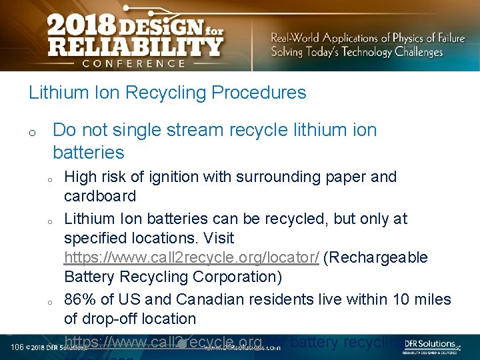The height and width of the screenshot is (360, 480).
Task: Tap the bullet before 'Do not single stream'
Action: click(32, 133)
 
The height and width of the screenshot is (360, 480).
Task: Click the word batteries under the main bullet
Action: click(89, 153)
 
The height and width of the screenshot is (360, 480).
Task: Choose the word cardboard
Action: click(100, 196)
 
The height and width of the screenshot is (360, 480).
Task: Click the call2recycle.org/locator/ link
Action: click(191, 257)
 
